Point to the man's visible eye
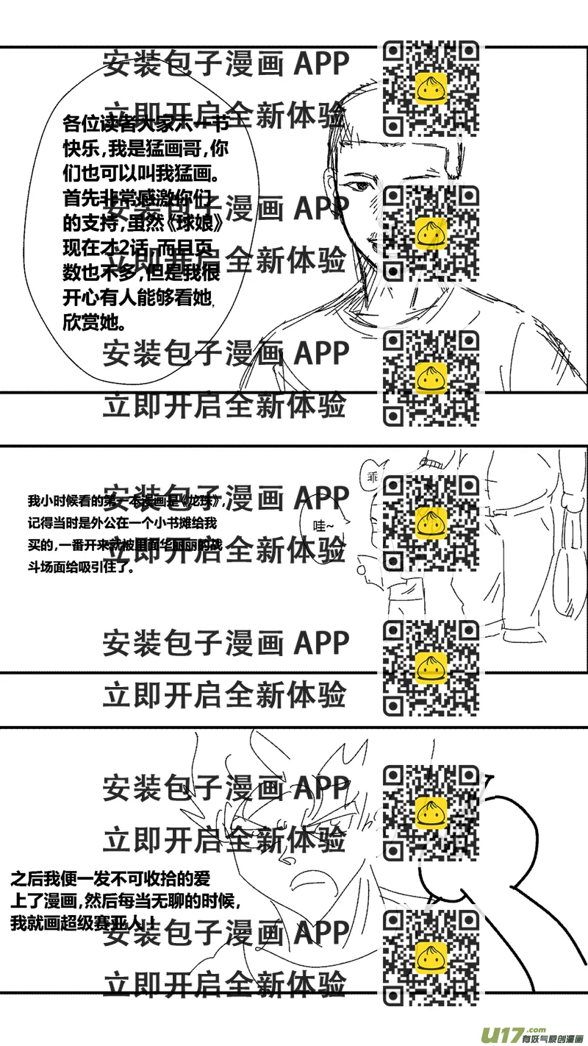click(359, 185)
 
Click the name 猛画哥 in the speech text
click(168, 149)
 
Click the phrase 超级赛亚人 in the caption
click(110, 924)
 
